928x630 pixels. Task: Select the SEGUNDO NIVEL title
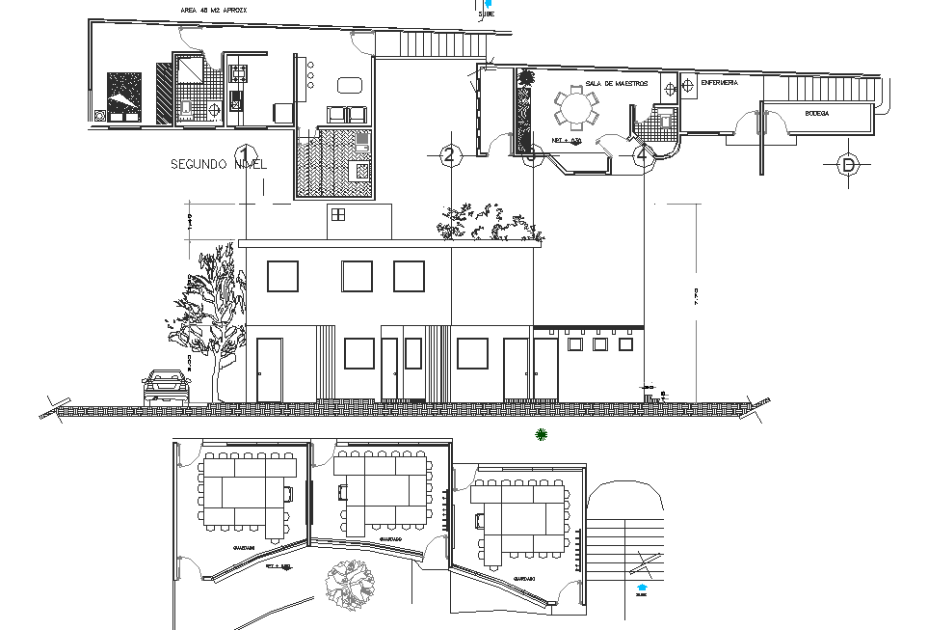[x=218, y=164]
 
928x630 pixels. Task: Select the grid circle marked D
[x=848, y=165]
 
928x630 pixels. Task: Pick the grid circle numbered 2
[x=448, y=154]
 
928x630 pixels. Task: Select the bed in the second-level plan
[x=123, y=96]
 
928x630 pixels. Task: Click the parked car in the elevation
[x=167, y=385]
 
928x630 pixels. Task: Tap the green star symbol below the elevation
[x=542, y=435]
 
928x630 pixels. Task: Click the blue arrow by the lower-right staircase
[x=643, y=585]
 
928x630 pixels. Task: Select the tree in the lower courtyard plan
[x=350, y=584]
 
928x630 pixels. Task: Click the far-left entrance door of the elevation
[x=269, y=369]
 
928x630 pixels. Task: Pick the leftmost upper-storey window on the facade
[x=282, y=277]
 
